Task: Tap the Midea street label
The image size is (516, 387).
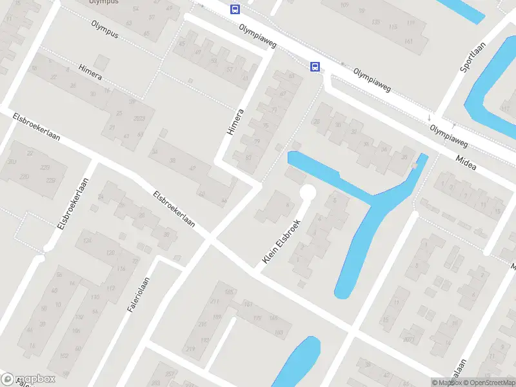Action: point(466,163)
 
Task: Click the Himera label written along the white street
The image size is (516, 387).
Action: point(235,122)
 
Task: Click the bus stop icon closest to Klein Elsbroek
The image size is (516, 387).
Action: point(315,66)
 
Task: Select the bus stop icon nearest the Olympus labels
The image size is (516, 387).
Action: point(235,9)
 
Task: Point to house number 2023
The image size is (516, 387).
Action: point(139,118)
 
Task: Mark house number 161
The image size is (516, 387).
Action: point(408,41)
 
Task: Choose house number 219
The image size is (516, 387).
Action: point(190,348)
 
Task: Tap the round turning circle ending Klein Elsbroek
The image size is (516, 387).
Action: point(308,192)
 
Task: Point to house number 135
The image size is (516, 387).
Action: point(376,23)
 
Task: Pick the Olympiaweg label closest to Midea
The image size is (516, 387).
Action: point(450,132)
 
